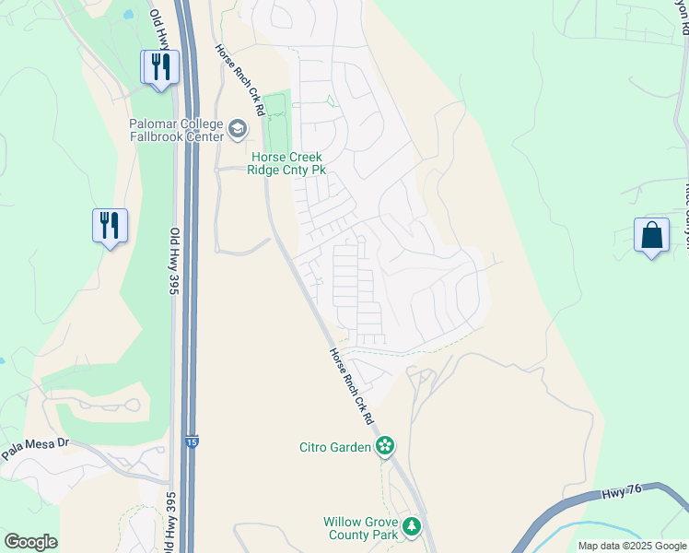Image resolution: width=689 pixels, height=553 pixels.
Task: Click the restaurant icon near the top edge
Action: pyautogui.click(x=159, y=67)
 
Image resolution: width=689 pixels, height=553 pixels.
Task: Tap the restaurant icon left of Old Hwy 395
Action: pyautogui.click(x=110, y=226)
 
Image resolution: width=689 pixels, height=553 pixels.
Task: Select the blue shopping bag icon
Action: pyautogui.click(x=651, y=235)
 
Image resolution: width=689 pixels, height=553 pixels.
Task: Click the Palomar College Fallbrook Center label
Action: pyautogui.click(x=176, y=130)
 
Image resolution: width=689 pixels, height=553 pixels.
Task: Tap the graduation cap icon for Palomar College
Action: pyautogui.click(x=239, y=129)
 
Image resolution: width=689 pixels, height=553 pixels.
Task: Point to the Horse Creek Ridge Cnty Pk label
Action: pyautogui.click(x=288, y=164)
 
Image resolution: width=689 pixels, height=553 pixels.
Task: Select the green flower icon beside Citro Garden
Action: pyautogui.click(x=385, y=448)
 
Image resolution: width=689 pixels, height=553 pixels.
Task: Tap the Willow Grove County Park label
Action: pyautogui.click(x=360, y=528)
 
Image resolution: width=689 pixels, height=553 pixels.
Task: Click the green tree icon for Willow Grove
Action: pyautogui.click(x=413, y=527)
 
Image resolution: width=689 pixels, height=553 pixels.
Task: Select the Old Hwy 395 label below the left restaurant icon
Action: pyautogui.click(x=172, y=262)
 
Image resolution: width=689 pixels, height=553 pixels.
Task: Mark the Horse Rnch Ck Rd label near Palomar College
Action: pyautogui.click(x=240, y=79)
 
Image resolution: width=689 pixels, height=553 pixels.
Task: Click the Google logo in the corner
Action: pyautogui.click(x=30, y=542)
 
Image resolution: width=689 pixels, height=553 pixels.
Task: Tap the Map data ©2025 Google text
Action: pyautogui.click(x=632, y=546)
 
